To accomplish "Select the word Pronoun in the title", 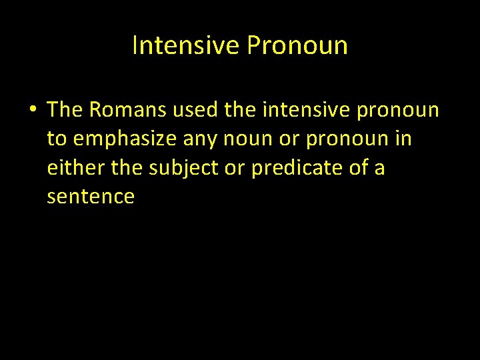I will click(297, 45).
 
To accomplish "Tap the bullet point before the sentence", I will click(32, 110).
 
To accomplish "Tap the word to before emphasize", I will click(57, 139).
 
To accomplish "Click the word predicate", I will click(299, 169).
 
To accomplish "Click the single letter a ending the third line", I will click(379, 169).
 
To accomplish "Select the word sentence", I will click(91, 197).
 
